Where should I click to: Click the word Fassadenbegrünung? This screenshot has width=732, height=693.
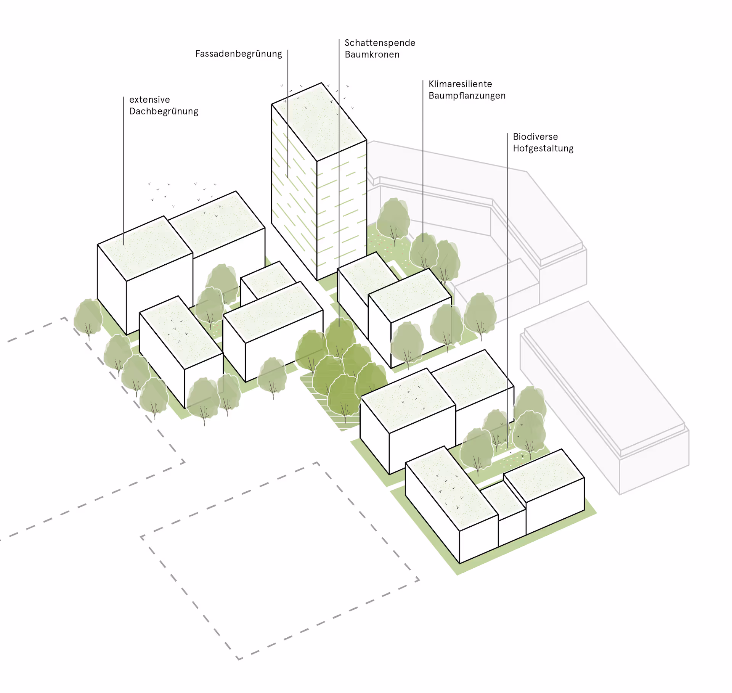238,54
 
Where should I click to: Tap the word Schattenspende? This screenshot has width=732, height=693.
380,43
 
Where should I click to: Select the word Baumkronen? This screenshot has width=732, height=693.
372,55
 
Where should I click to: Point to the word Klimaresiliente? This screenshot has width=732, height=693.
460,84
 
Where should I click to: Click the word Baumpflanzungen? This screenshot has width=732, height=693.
467,96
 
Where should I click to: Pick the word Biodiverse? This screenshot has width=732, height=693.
535,137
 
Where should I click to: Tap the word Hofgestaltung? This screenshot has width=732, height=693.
543,148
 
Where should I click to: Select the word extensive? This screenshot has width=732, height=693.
149,100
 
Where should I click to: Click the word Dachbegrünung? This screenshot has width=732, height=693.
164,111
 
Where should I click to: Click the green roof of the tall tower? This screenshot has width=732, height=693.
320,122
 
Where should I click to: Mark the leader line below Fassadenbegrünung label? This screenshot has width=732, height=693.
288,114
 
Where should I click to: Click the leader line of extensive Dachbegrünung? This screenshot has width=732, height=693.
124,172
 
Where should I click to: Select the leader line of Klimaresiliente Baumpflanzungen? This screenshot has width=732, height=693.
423,160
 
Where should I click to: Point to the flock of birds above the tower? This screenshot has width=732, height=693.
316,93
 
